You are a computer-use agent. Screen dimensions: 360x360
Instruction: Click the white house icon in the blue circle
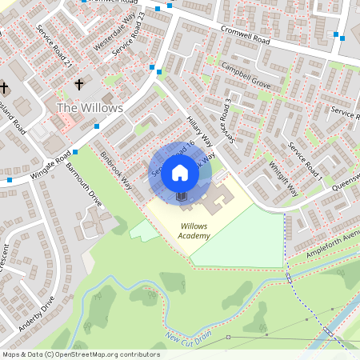181,172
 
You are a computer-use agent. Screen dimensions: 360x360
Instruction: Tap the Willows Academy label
194,231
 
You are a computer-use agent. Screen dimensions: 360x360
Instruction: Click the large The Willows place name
90,107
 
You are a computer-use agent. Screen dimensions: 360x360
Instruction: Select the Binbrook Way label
117,169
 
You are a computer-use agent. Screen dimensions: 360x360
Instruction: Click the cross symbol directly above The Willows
79,84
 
